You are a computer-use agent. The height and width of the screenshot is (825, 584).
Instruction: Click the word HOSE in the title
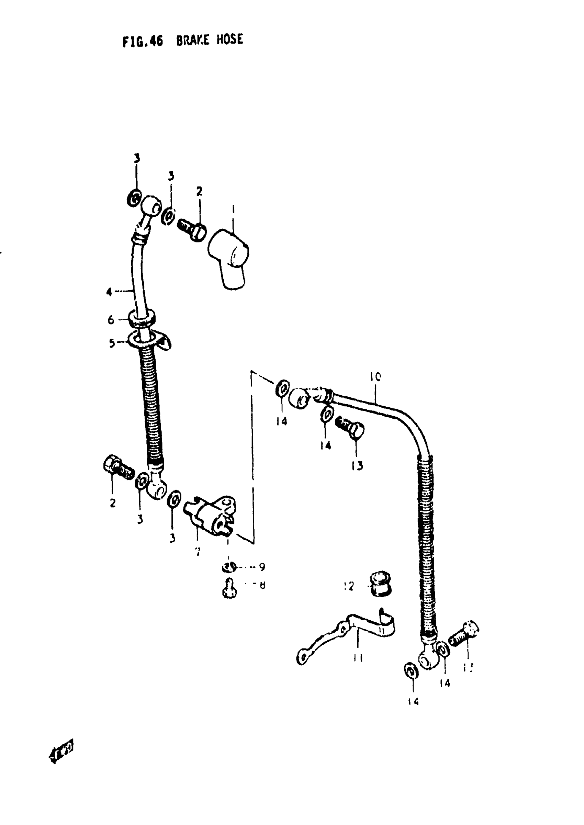click(x=229, y=39)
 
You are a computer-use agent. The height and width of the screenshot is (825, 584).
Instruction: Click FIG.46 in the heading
click(x=143, y=41)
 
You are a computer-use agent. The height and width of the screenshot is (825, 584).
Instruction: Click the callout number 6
click(x=111, y=319)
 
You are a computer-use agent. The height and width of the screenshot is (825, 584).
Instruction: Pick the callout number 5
click(x=112, y=343)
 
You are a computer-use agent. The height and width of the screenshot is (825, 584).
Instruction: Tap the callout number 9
click(x=262, y=567)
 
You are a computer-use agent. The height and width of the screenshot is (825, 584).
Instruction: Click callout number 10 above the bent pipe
click(x=375, y=377)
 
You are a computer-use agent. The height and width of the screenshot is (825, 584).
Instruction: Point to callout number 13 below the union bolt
click(x=357, y=465)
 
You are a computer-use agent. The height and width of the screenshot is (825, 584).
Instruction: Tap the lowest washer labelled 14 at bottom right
click(x=411, y=671)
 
